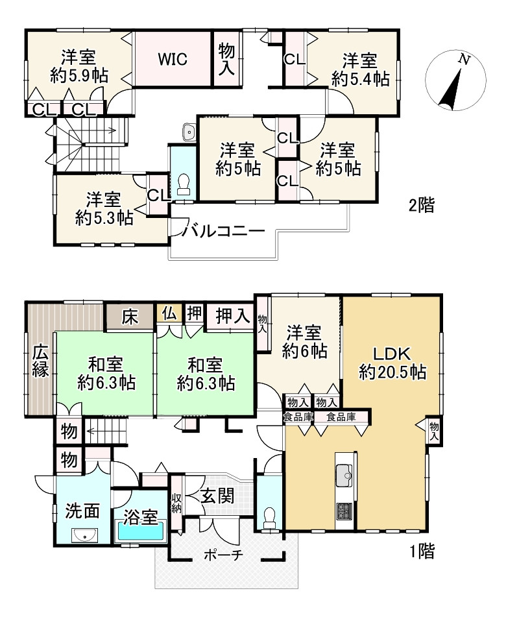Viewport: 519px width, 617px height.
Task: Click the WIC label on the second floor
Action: coord(173,60)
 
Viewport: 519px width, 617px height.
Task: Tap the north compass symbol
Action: coord(455,80)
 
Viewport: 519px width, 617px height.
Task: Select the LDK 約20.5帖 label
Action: coord(392,363)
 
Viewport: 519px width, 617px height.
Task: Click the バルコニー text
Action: coord(223,230)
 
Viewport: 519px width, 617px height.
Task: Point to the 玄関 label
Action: coord(217,496)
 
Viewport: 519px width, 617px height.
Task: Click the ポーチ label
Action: coord(224,555)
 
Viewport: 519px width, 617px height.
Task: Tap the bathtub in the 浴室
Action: coord(141,531)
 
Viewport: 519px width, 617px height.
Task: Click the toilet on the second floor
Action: coord(184,184)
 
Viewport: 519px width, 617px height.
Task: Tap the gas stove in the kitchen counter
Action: coord(344,511)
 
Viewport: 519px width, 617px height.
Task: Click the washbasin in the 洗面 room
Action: coord(84,535)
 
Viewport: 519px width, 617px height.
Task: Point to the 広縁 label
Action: coord(40,361)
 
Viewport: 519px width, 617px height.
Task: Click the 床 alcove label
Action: coord(130,317)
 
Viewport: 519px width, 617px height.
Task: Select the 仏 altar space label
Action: coord(169,313)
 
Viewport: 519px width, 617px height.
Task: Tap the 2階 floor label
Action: coord(422,205)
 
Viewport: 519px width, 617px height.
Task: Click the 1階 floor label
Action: coord(422,551)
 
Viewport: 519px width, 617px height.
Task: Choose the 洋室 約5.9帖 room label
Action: coord(79,66)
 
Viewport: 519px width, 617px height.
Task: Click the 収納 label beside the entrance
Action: coord(176,503)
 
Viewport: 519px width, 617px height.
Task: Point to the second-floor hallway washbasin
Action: coord(189,132)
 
